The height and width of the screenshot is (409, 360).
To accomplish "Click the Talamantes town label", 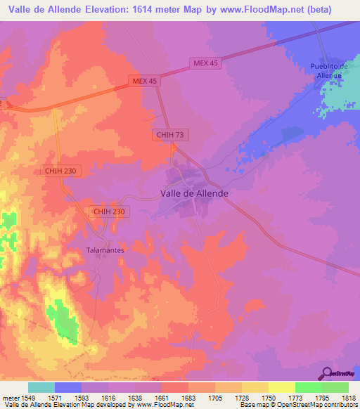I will pyautogui.click(x=105, y=249).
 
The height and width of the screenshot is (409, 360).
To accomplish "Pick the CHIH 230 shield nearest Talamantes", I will pyautogui.click(x=109, y=212).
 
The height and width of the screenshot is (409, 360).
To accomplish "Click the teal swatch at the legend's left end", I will pyautogui.click(x=41, y=387).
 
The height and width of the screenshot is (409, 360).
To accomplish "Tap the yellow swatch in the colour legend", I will pyautogui.click(x=281, y=387).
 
